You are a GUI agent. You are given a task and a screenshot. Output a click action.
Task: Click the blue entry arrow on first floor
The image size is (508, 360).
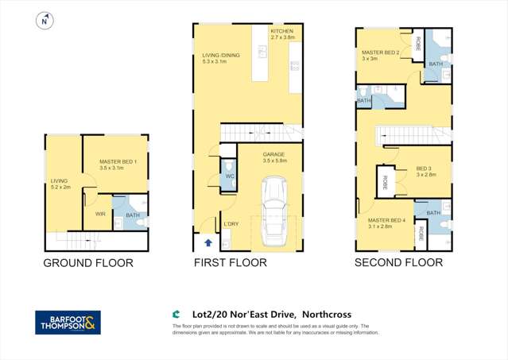click(209, 243)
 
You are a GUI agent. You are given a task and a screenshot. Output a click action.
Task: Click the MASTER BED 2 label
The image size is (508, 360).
click(378, 55)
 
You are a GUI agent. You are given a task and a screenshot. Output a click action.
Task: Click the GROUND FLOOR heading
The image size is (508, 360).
click(87, 263)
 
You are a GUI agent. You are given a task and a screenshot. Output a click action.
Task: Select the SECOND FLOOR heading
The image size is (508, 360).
click(398, 262)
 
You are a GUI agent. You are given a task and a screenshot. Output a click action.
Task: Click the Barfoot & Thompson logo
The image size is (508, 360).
click(68, 323)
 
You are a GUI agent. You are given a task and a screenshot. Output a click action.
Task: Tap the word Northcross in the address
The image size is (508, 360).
click(324, 315)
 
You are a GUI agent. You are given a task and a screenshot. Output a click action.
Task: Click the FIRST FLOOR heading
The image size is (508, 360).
click(230, 262)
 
